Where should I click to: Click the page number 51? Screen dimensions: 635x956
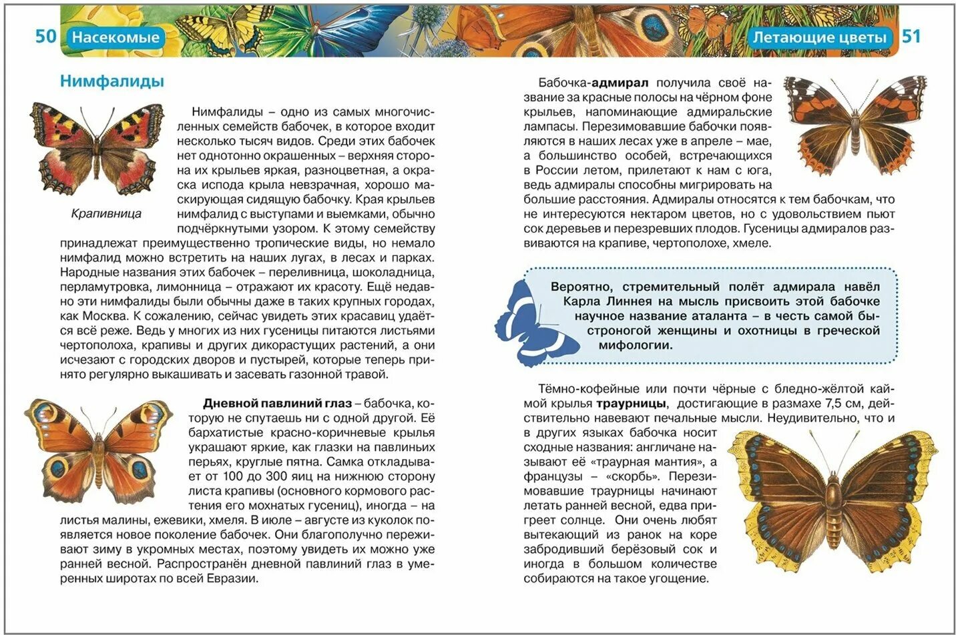tap(911, 36)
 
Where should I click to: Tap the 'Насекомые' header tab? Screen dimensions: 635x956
tap(115, 37)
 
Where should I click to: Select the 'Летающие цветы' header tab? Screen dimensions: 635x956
tap(820, 37)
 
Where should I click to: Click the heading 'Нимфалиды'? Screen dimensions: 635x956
tap(111, 81)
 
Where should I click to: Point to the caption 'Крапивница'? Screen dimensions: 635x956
tap(106, 214)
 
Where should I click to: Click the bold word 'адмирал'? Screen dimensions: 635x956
tap(620, 83)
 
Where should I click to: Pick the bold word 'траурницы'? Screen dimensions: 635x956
tap(631, 404)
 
